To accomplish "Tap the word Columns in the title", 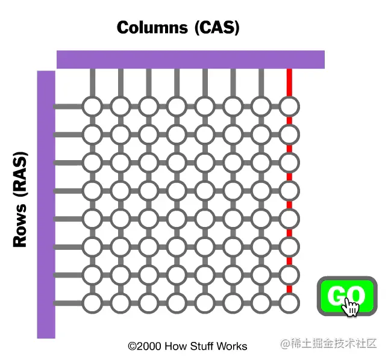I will click(x=152, y=27).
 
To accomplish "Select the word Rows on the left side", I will click(x=20, y=226).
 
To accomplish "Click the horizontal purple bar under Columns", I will click(x=190, y=60).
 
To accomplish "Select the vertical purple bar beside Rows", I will click(x=46, y=205).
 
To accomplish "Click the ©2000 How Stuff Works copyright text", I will click(x=187, y=346).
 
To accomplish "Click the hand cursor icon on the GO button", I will click(x=350, y=308).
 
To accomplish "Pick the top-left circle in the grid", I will click(x=92, y=107).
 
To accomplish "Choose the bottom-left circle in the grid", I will click(x=92, y=303).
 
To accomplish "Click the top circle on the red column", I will click(x=289, y=107).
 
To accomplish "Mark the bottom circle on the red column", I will click(x=289, y=303).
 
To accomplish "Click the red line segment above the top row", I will click(x=289, y=82).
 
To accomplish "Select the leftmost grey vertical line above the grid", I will click(x=92, y=82).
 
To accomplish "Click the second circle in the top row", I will click(x=120, y=107).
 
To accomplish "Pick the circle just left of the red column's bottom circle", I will click(x=261, y=303).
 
